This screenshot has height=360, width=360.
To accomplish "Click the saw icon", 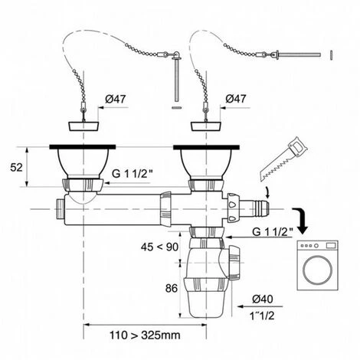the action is tap(284, 159).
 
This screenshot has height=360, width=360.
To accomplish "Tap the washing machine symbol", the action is tap(318, 265).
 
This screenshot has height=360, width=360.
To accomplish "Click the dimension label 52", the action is tap(16, 168).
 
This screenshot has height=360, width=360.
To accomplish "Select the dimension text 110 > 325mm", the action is tap(145, 335).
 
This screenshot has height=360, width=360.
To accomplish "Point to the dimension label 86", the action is tap(172, 289).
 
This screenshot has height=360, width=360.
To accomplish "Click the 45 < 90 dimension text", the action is tap(159, 247).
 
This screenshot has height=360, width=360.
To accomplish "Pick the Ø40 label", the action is tap(263, 299).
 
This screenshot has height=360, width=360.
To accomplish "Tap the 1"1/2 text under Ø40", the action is tap(262, 316).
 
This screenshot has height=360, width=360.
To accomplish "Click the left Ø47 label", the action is tap(116, 99).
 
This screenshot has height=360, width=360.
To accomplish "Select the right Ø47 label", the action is tap(236, 99).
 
